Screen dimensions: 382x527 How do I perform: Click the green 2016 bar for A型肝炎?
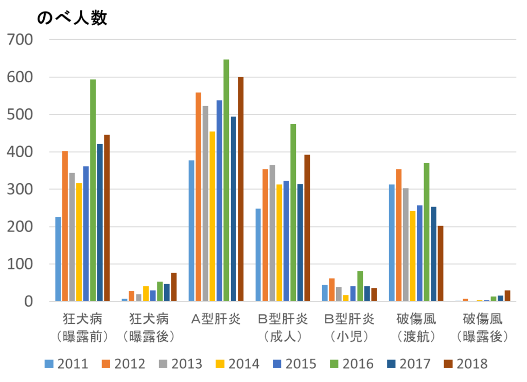coord(226,180)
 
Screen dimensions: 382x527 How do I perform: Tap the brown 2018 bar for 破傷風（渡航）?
coord(440,263)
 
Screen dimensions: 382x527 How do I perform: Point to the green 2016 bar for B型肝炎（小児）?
coord(360,286)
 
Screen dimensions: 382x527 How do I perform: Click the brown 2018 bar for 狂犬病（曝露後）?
coord(174,287)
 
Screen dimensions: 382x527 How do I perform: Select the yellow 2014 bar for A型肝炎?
coord(213,216)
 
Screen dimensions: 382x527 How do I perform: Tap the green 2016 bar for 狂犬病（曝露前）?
coord(93,190)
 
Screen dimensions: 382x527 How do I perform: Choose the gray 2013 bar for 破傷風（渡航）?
coord(406,245)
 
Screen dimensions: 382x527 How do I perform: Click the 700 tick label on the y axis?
coord(19,40)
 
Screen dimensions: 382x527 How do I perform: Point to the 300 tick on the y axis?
coord(19,189)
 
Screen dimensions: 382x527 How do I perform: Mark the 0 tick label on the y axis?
coord(28,302)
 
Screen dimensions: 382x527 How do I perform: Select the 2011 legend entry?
coord(66,363)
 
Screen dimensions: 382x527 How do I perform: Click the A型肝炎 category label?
coord(216,319)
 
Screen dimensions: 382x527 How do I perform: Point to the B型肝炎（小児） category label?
coord(349,328)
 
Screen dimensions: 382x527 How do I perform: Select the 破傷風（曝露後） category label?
coord(483,328)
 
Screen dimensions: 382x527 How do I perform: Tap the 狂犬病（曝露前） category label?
coord(83,328)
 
